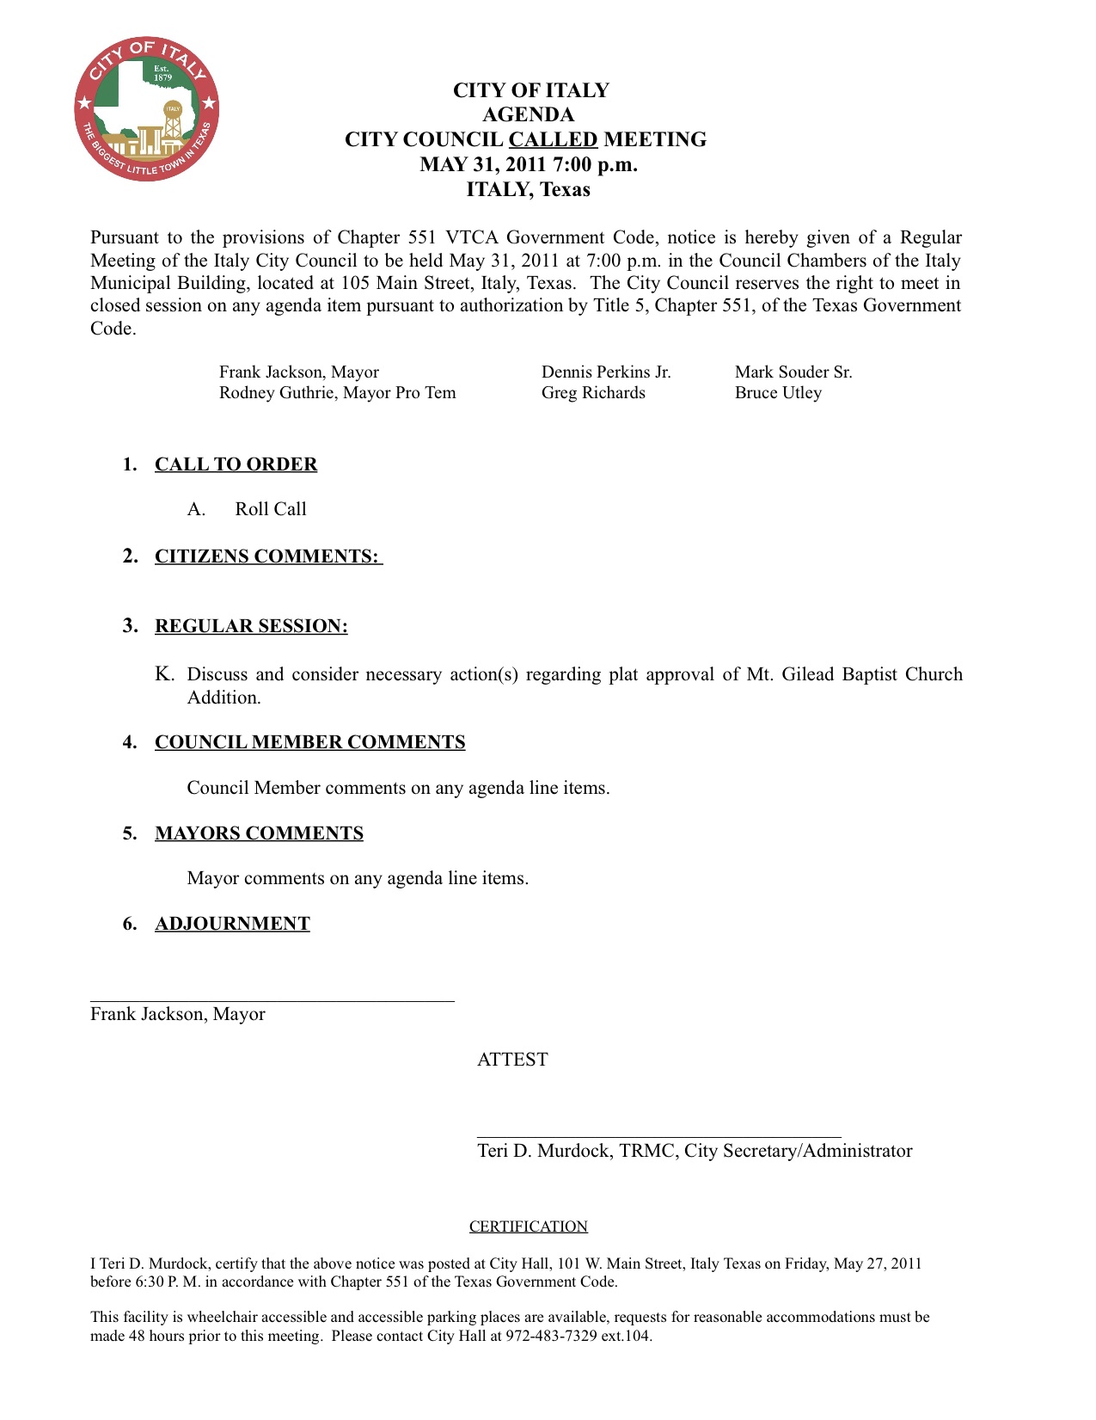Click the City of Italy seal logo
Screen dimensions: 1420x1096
(146, 109)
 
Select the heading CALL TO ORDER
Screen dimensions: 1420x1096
(236, 464)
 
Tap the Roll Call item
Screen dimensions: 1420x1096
(271, 509)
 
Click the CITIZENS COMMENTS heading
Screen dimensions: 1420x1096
(266, 556)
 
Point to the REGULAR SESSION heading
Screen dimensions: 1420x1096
(251, 626)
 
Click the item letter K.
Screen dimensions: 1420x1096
(163, 674)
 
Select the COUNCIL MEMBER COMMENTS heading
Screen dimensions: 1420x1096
(309, 742)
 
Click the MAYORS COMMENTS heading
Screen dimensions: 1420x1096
(259, 833)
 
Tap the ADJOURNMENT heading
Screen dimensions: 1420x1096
(232, 924)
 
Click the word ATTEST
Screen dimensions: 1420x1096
(512, 1060)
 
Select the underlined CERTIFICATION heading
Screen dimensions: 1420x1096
(528, 1226)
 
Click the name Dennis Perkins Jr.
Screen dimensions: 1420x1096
(606, 372)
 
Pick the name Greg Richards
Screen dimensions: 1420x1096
(593, 393)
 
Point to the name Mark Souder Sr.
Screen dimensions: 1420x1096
(793, 372)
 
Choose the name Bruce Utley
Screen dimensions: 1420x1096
(778, 393)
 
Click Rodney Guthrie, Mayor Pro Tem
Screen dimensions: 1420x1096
(337, 393)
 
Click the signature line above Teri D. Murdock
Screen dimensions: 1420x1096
(658, 1137)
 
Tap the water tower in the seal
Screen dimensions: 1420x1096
(173, 121)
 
